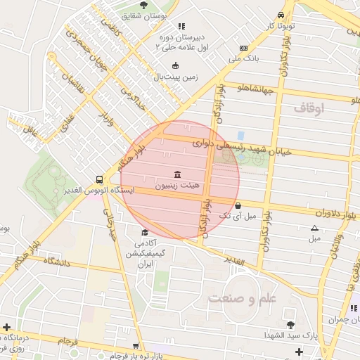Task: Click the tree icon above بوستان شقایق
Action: click(x=143, y=5)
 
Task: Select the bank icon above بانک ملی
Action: click(x=243, y=48)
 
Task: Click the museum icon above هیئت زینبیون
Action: click(x=176, y=174)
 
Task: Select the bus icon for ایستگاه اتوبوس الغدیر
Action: click(x=99, y=180)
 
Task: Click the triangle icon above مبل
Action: click(x=314, y=228)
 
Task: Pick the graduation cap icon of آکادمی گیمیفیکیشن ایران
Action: click(x=145, y=233)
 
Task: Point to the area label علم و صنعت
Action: click(x=243, y=297)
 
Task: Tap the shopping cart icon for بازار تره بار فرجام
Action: click(x=136, y=347)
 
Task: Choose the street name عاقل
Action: click(x=30, y=130)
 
